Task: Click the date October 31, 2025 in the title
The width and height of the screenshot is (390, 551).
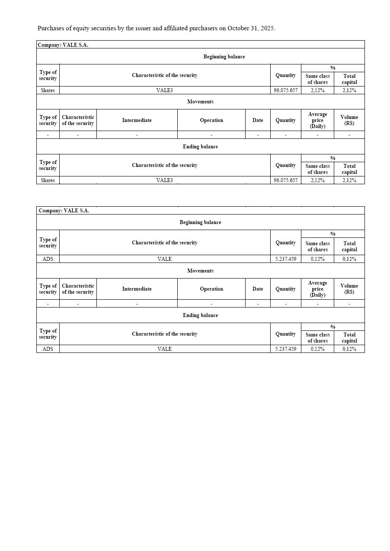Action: click(x=251, y=28)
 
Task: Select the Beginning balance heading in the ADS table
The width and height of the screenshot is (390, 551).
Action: click(x=200, y=222)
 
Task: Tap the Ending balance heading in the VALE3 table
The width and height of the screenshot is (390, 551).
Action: click(x=200, y=147)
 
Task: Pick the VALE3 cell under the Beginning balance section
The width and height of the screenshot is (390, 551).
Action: click(x=164, y=90)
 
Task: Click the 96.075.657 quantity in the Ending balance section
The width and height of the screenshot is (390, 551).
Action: click(x=285, y=180)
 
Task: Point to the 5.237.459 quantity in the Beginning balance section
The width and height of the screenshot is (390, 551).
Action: click(x=285, y=259)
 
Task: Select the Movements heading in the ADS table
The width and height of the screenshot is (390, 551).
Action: click(x=200, y=271)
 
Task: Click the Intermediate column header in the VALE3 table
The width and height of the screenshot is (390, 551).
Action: click(x=137, y=120)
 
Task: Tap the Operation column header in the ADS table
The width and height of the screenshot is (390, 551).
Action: click(x=211, y=289)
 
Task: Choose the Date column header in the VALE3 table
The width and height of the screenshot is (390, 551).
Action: click(x=258, y=120)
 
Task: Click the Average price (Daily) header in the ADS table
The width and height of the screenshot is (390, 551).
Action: click(x=317, y=289)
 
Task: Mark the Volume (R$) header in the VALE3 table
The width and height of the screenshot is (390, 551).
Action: click(x=349, y=120)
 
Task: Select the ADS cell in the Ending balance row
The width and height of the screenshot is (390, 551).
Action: click(x=48, y=349)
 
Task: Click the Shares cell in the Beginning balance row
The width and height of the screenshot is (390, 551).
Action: click(x=48, y=90)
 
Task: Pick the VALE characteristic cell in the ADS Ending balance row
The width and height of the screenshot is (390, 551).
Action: click(x=164, y=349)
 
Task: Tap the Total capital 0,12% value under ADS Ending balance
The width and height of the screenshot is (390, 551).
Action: click(x=349, y=349)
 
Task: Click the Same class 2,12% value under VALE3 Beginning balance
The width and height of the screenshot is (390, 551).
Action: click(x=317, y=90)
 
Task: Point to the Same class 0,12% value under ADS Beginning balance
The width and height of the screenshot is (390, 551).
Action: click(x=317, y=259)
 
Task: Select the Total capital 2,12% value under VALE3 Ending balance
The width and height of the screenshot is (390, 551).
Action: click(x=349, y=180)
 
